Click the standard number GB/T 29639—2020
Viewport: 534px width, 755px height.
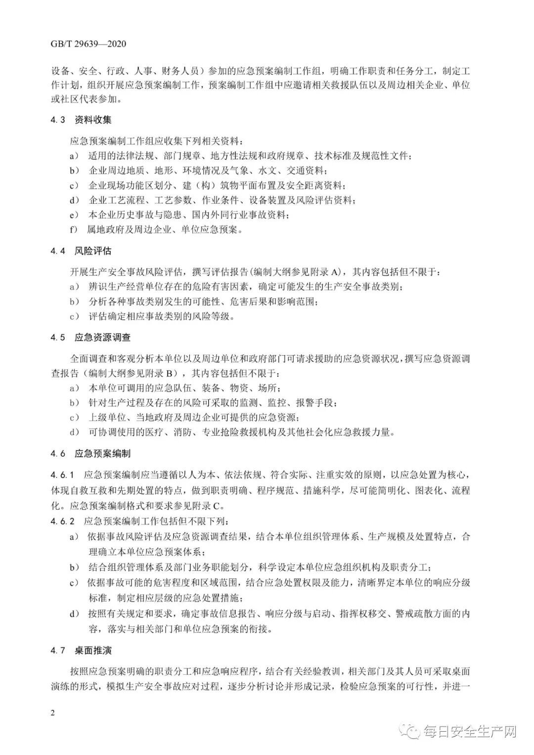pyautogui.click(x=89, y=44)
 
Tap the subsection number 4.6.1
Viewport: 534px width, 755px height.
pyautogui.click(x=62, y=475)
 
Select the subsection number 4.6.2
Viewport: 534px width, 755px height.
pyautogui.click(x=62, y=521)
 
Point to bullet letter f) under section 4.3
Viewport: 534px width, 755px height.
pyautogui.click(x=74, y=230)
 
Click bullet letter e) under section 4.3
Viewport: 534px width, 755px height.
pyautogui.click(x=74, y=215)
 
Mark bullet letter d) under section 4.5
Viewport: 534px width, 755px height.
pyautogui.click(x=74, y=432)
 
